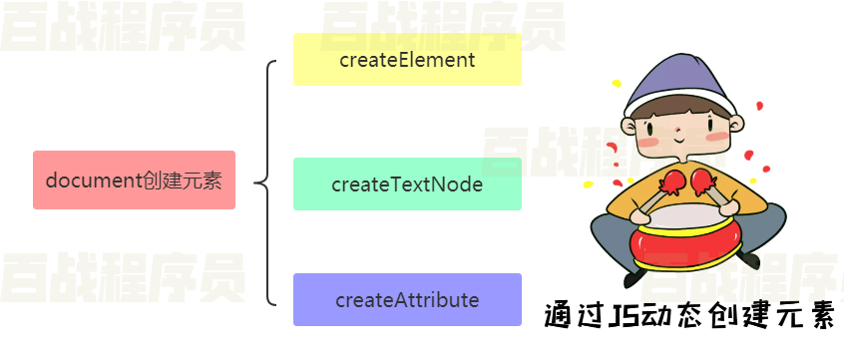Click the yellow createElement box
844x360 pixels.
click(407, 60)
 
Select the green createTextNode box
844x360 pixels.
click(407, 184)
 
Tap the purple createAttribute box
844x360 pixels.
click(407, 300)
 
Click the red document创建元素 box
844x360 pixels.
click(134, 180)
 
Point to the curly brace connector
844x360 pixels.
click(263, 182)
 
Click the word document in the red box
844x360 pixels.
click(96, 180)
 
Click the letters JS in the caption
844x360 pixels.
click(624, 316)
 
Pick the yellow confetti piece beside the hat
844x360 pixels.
click(617, 83)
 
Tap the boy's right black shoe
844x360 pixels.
click(748, 261)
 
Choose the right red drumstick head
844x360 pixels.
click(703, 180)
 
